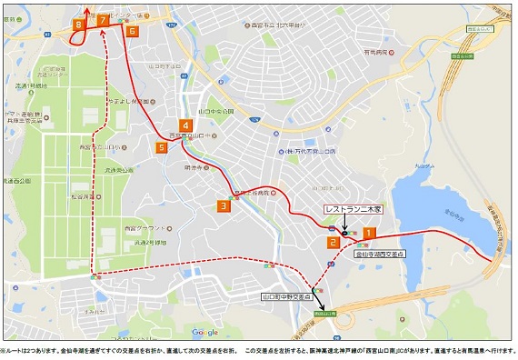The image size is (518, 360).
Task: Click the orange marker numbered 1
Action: point(369,233)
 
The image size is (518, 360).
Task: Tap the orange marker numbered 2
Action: point(334,242)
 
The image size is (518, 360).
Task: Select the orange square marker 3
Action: point(223,206)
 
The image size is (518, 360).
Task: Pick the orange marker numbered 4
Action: point(185,125)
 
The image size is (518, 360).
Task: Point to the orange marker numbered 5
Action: point(163,146)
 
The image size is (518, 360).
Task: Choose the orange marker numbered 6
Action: point(133,31)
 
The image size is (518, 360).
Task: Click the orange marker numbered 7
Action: point(104,19)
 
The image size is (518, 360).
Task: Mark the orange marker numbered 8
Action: point(80,25)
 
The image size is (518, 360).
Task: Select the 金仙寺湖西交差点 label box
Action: point(381,255)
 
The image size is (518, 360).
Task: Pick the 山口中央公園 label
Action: point(219,111)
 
